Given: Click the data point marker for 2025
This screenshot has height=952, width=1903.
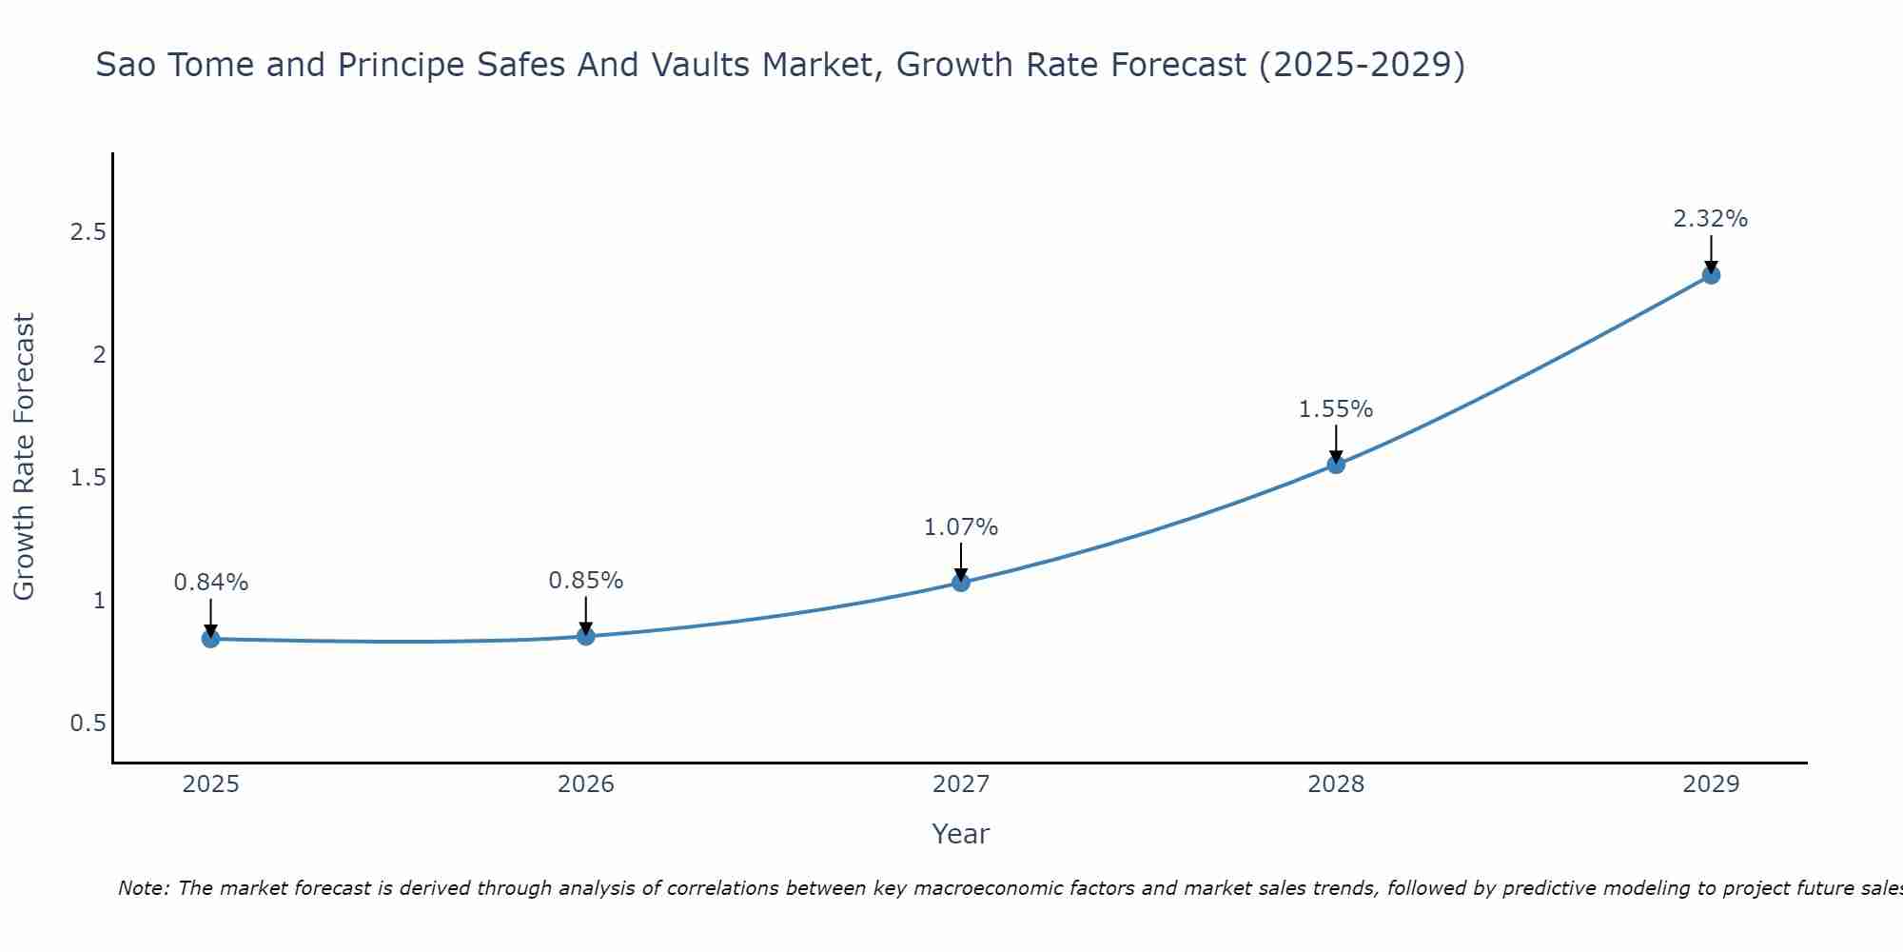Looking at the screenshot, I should pyautogui.click(x=210, y=639).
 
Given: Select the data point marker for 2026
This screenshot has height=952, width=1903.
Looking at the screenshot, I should pyautogui.click(x=586, y=636).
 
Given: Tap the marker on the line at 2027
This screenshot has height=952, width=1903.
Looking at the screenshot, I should pyautogui.click(x=961, y=583).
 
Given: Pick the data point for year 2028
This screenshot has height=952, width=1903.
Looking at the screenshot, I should pyautogui.click(x=1336, y=465).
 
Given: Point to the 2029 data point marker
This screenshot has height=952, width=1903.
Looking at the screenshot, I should pyautogui.click(x=1711, y=275).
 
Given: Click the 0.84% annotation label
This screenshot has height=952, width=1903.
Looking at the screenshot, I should pyautogui.click(x=210, y=582).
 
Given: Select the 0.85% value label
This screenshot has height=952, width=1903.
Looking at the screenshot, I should pyautogui.click(x=586, y=580).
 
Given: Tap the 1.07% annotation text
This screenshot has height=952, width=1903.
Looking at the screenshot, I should pyautogui.click(x=961, y=526).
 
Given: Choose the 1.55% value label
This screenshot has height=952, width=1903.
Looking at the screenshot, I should pyautogui.click(x=1336, y=408).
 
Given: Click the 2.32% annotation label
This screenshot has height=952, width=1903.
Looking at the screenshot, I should pyautogui.click(x=1711, y=218).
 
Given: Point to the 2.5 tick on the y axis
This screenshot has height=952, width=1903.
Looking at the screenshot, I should pyautogui.click(x=88, y=232).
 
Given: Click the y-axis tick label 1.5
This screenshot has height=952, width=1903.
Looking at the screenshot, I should pyautogui.click(x=88, y=478).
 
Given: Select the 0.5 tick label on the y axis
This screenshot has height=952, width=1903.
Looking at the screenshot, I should pyautogui.click(x=88, y=724).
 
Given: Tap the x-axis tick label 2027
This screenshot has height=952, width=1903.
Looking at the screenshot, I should pyautogui.click(x=961, y=784).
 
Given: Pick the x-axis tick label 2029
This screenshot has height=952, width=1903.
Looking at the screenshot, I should pyautogui.click(x=1711, y=784).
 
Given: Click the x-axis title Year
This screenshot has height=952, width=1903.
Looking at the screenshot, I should pyautogui.click(x=961, y=834).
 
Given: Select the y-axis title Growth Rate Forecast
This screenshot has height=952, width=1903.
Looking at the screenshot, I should pyautogui.click(x=25, y=457).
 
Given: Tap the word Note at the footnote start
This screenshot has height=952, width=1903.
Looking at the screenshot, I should pyautogui.click(x=143, y=888).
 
